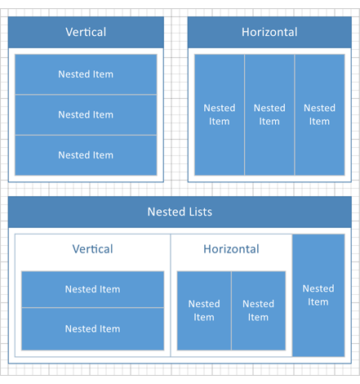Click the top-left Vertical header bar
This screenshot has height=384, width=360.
pos(86,33)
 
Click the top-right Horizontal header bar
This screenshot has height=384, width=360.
pos(269,33)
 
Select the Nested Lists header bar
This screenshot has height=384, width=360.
pos(180,212)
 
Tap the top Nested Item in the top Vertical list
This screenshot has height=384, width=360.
pos(86,74)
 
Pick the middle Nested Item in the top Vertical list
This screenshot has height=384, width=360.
pos(86,114)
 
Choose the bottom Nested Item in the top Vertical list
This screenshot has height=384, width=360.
pos(86,154)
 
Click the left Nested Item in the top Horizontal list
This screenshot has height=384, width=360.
pos(219,114)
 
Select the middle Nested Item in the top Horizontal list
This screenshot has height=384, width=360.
pos(269,114)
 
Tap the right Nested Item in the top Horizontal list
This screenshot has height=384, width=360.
pos(319,114)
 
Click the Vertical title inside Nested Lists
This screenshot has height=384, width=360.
pos(92,249)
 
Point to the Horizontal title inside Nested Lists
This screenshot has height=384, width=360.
pos(231,249)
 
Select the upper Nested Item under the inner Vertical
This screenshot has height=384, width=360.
pos(92,289)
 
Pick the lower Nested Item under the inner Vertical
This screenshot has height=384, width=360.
pos(92,328)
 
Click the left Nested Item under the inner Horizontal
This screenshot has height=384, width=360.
pos(204,310)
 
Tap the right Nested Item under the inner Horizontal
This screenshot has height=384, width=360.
pos(258,310)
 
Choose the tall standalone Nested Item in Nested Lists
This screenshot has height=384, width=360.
pos(318,295)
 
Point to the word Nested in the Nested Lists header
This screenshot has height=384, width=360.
pos(165,212)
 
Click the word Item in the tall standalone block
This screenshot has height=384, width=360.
pos(318,302)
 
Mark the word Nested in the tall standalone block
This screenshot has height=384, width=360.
pos(318,288)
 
